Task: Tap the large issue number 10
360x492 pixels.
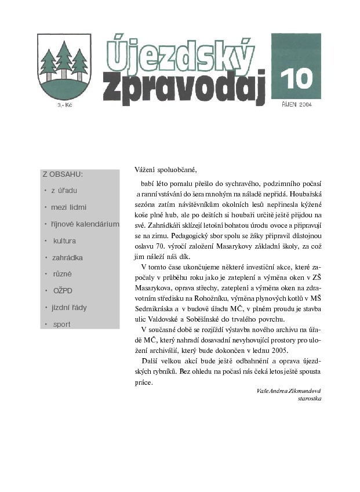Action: pos(296,78)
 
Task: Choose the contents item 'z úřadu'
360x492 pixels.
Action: pos(64,191)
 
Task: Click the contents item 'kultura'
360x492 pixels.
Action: pos(64,240)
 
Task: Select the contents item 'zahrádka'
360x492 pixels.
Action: pos(67,257)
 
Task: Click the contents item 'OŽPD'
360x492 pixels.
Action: pos(63,291)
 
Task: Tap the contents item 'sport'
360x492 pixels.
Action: pos(61,325)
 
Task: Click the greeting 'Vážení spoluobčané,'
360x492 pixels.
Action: pos(166,170)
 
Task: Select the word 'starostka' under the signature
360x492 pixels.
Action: pos(309,399)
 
